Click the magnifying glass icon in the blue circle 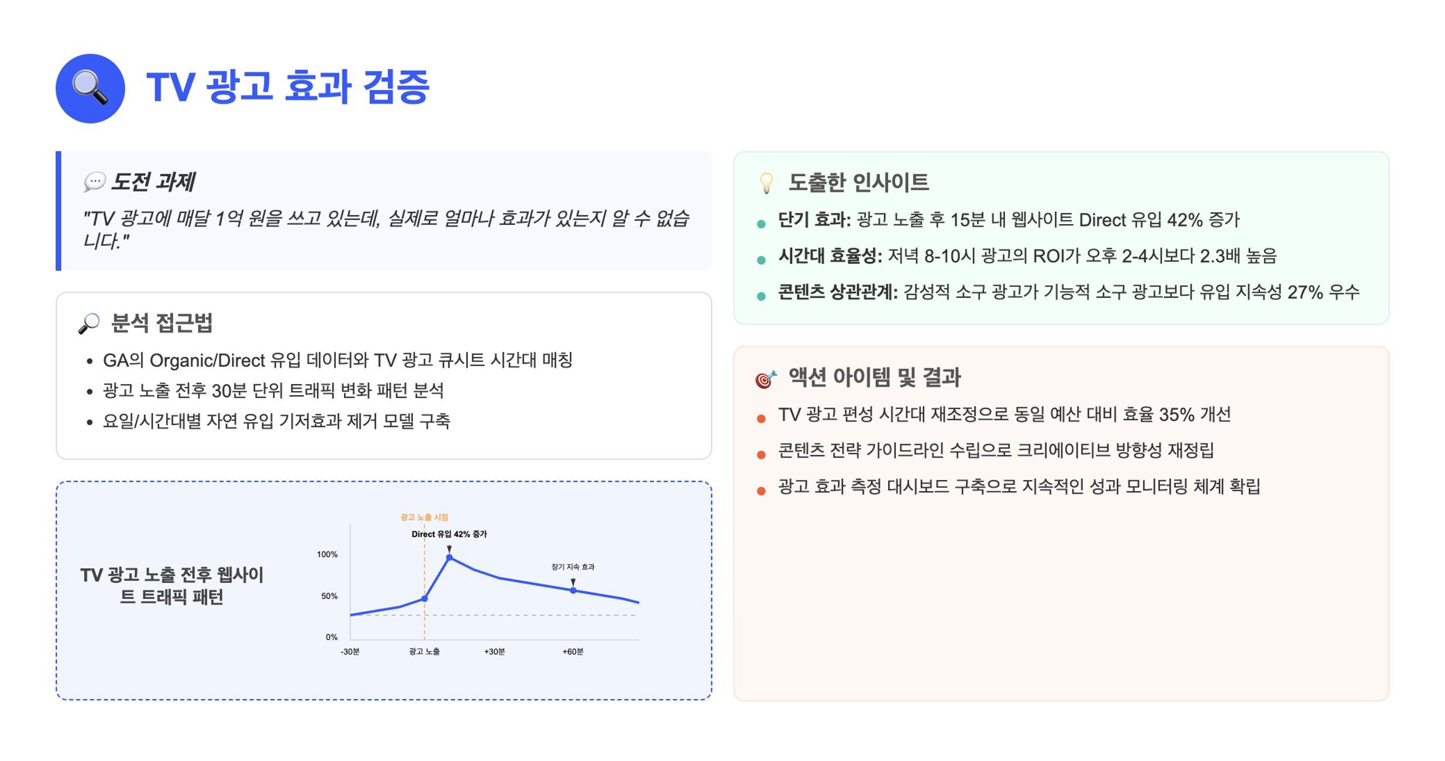tap(90, 88)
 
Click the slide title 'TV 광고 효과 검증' tap(288, 87)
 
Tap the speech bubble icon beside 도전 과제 tap(94, 181)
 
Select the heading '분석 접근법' tap(161, 323)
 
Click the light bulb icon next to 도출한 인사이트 tap(766, 183)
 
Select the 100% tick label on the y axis tap(327, 554)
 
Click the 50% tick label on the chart tap(329, 596)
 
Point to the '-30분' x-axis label tap(350, 652)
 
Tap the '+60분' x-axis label tap(573, 652)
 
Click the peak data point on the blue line tap(449, 557)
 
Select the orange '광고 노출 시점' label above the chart tap(424, 517)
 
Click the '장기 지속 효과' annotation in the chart tap(573, 567)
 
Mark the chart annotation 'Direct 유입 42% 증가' tap(449, 534)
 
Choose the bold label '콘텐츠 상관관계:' tap(837, 292)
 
